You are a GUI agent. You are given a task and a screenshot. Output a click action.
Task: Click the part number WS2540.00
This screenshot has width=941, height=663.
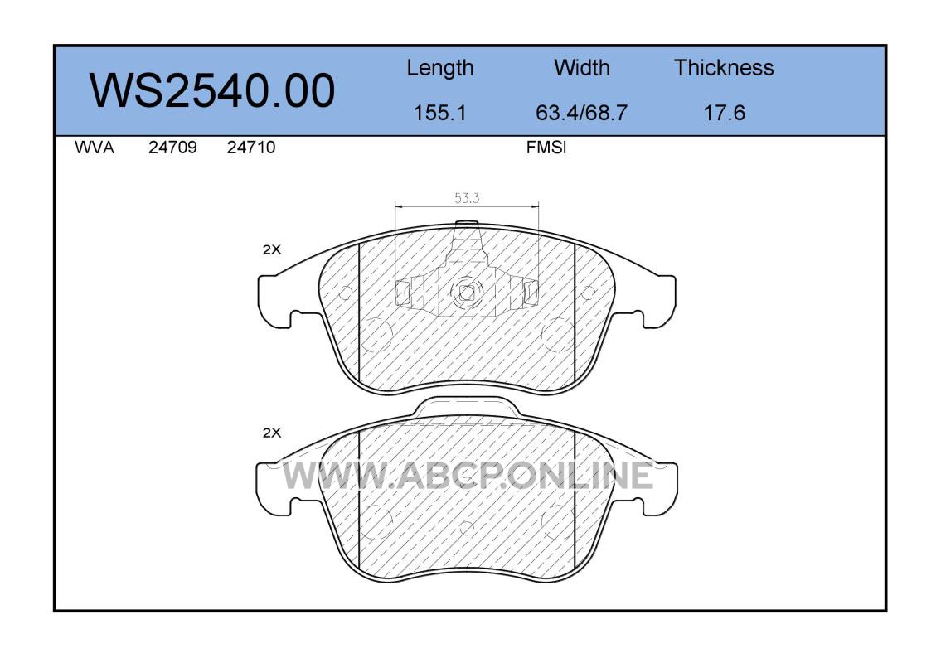point(212,90)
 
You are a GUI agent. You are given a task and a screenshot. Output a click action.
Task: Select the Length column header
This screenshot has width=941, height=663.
point(440,69)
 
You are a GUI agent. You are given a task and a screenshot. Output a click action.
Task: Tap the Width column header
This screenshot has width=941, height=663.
point(581,67)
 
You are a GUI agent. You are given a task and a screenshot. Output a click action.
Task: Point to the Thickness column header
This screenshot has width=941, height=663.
point(724,67)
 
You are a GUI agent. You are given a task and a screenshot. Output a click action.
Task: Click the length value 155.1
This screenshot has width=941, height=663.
point(440,113)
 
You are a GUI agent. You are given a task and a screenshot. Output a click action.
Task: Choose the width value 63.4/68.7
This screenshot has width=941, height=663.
point(581,113)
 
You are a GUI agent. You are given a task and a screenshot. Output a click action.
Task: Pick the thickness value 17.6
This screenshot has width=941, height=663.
point(725,113)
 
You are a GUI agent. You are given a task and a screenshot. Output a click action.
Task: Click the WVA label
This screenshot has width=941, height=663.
point(95,148)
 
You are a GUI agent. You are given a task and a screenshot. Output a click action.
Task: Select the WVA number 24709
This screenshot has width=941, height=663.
point(172,148)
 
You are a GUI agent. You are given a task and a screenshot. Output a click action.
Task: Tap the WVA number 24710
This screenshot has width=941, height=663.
point(251,148)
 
